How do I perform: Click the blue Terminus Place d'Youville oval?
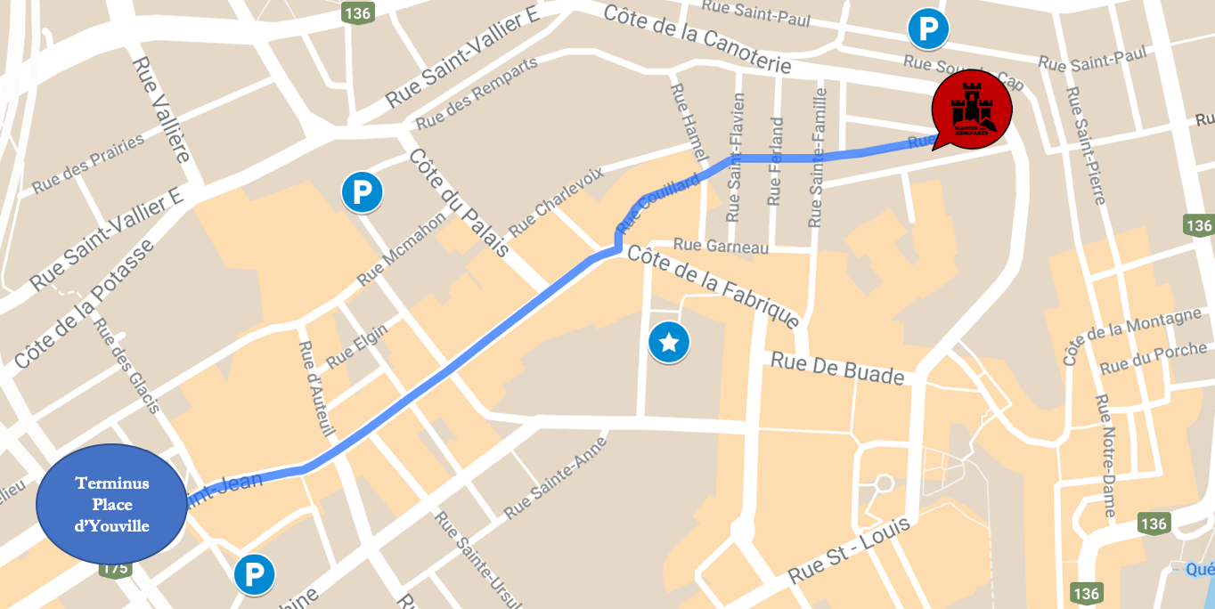[111, 504]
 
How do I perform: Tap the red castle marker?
[970, 110]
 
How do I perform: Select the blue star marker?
[669, 343]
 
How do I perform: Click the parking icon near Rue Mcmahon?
[362, 191]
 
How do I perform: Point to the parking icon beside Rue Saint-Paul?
[928, 29]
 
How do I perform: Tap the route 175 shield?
[116, 568]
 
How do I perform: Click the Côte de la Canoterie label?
[697, 39]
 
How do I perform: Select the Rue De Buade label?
[837, 368]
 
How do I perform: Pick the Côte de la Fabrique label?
[714, 287]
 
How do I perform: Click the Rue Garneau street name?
[721, 246]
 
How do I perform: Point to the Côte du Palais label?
[459, 202]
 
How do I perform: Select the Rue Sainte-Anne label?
[555, 478]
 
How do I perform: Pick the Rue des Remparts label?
[477, 93]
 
